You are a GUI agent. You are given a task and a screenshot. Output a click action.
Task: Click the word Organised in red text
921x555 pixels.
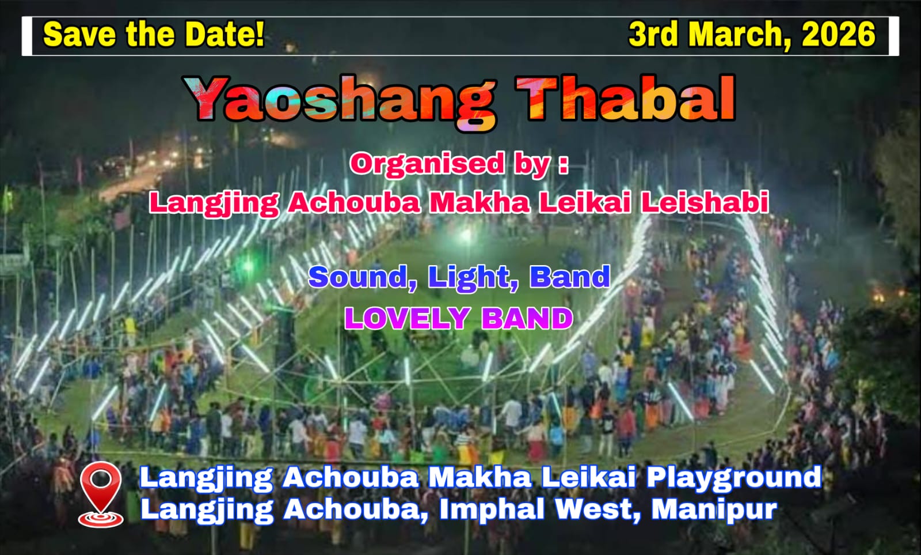pos(427,164)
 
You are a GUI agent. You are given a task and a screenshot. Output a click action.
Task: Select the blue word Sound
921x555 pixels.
pos(363,277)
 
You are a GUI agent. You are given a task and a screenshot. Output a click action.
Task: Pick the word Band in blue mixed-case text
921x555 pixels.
pos(569,277)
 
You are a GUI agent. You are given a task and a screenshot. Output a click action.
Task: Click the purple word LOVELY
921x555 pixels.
pos(408,319)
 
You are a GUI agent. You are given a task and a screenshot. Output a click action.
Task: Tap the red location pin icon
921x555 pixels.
pos(101,494)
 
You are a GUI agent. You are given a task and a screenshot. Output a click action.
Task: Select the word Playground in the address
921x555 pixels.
pos(734,478)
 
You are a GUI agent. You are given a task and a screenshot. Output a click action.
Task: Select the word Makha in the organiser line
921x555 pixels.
pos(479,202)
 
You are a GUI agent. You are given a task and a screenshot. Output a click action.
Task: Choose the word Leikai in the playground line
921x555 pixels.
pos(588,477)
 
